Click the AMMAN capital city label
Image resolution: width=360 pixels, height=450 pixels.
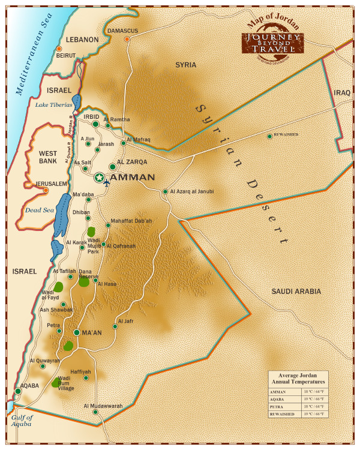pos(133,178)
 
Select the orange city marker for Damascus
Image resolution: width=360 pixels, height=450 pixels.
pos(127,40)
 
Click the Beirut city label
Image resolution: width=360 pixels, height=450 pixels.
pos(65,55)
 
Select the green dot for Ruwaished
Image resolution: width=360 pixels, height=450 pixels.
pos(269,136)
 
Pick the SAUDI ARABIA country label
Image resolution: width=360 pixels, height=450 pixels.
pos(296,292)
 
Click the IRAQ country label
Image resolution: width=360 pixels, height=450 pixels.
pos(342,93)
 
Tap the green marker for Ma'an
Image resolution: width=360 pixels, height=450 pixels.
pos(77,332)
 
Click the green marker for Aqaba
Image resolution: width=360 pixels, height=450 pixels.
pos(18,391)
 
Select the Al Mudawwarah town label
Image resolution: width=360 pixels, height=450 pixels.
pos(103,406)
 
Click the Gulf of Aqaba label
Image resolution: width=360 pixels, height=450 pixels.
pos(22,421)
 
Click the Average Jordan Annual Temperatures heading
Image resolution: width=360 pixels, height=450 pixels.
pos(298,378)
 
